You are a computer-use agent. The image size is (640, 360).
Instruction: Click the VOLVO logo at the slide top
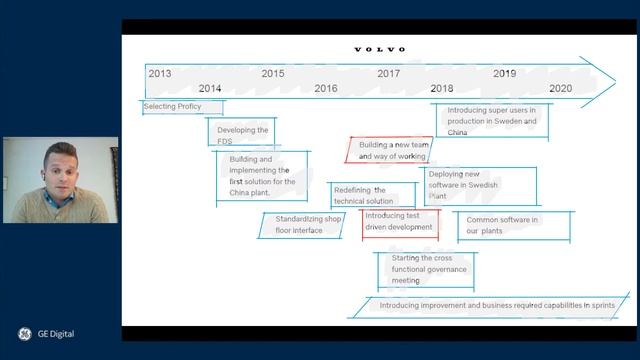380,49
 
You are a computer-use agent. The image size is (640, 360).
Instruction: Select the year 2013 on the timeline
159,73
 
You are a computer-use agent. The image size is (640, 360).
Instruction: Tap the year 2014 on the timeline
210,88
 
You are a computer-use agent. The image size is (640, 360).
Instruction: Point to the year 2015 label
272,73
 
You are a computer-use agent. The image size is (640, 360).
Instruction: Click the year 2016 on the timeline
326,88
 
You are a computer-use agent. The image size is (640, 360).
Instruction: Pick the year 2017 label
389,73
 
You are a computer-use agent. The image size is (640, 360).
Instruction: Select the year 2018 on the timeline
441,88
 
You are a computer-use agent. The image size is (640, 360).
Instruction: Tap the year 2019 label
504,73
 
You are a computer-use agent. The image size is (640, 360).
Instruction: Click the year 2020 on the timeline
560,88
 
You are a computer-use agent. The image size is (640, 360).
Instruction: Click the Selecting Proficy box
181,107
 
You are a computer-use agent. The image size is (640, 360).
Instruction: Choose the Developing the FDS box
241,135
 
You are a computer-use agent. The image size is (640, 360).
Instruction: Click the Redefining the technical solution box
372,195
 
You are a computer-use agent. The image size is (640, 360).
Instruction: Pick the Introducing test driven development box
399,221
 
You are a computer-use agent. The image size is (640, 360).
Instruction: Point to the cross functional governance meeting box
426,268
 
